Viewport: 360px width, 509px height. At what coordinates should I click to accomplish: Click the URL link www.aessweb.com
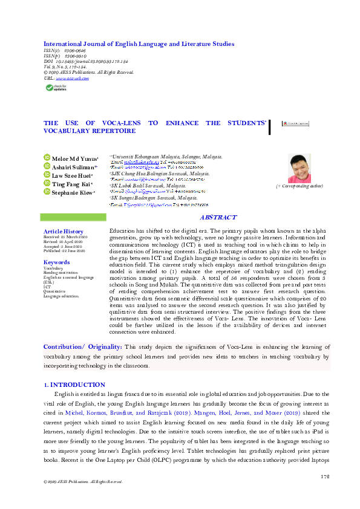73,79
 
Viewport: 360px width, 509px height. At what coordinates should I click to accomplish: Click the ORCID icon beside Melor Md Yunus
47,158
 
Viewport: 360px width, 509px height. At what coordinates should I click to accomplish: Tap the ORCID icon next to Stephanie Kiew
47,192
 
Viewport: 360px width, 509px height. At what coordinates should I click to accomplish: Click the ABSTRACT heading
218,218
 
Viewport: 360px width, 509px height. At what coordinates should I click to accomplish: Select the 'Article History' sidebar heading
64,232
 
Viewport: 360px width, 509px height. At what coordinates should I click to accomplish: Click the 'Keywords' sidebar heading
57,262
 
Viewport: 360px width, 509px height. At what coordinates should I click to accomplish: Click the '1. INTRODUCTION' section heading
75,384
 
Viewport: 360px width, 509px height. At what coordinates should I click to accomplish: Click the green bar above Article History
73,217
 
